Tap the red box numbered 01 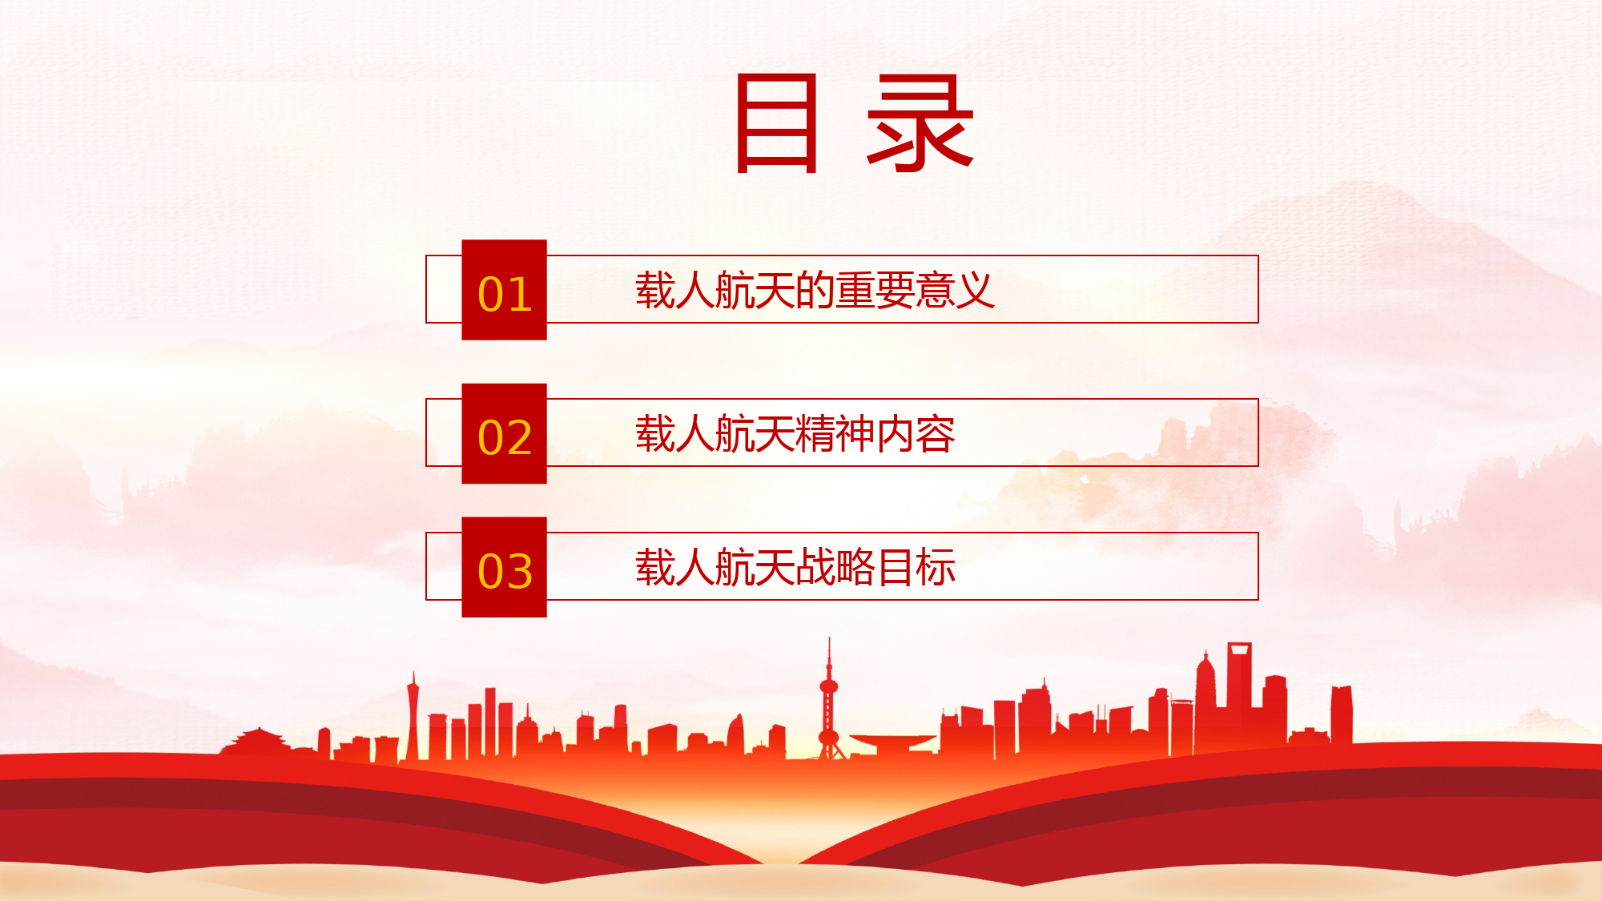[504, 290]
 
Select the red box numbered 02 [504, 433]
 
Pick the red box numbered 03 [504, 567]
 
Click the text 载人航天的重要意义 [815, 290]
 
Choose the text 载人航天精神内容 [795, 433]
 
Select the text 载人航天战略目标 [795, 567]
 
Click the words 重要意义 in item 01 [915, 290]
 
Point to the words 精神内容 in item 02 [875, 433]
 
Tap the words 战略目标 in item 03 [875, 567]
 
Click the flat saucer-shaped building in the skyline [892, 742]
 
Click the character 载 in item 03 [655, 567]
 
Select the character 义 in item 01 [976, 290]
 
